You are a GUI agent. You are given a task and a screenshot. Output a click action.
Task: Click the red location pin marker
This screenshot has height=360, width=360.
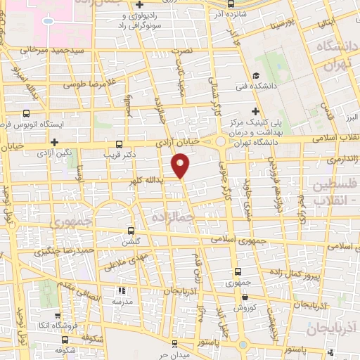coord(181,166)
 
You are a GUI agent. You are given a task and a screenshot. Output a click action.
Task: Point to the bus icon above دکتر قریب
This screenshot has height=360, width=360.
coord(118,140)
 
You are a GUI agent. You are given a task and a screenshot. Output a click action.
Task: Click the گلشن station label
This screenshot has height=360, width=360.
coord(131,240)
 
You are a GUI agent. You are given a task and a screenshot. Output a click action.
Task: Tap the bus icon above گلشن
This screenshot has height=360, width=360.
coord(131,230)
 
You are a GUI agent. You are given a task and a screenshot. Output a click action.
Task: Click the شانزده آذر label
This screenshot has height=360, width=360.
coord(235,14)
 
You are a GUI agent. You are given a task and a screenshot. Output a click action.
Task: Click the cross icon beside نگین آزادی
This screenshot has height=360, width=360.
coord(54,141)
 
